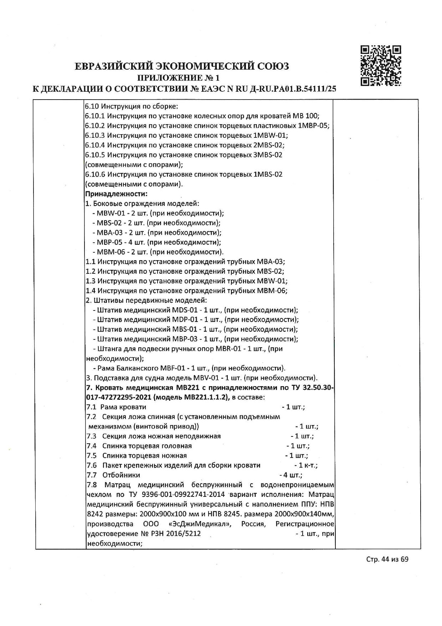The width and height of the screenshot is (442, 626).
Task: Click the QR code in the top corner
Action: (x=381, y=66)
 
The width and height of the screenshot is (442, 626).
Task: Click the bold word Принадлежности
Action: (x=116, y=194)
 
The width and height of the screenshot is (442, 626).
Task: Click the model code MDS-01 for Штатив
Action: (x=185, y=310)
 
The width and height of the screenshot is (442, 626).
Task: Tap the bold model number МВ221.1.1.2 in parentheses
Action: (x=205, y=397)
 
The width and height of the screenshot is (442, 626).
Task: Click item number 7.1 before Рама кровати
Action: (x=91, y=407)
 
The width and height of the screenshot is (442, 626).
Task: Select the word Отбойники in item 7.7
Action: (x=121, y=475)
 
